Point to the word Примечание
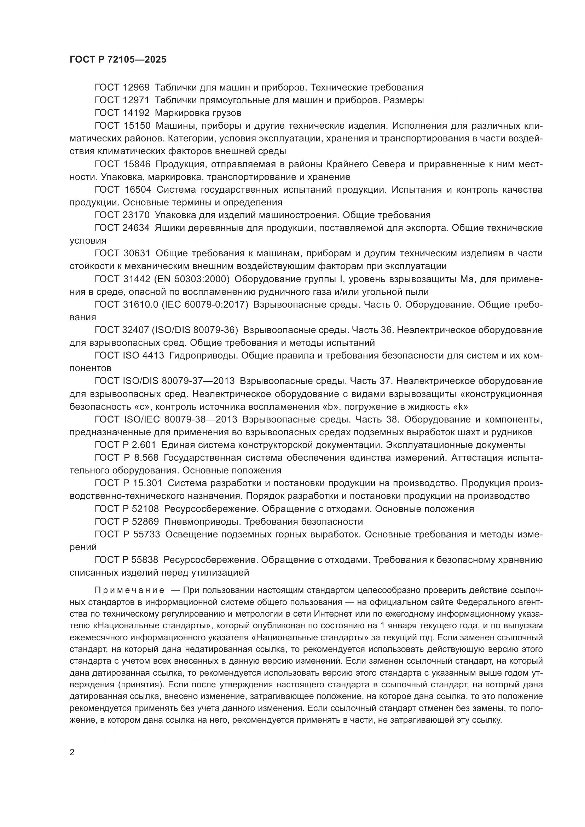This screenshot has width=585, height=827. (x=129, y=590)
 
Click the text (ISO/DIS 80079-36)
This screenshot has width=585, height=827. (x=195, y=330)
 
